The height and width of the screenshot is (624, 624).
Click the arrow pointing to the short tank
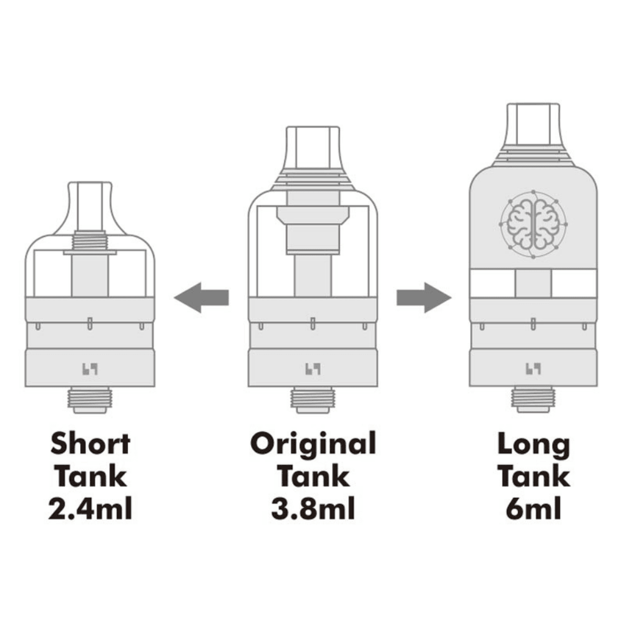[x=201, y=297]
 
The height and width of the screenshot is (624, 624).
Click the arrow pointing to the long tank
[x=424, y=297]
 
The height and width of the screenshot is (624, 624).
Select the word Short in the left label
[x=90, y=444]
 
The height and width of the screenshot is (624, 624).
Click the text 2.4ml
[x=90, y=509]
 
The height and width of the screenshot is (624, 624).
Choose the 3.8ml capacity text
[x=313, y=509]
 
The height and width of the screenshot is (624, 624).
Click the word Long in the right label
[x=534, y=444]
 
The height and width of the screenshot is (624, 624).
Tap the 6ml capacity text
[x=534, y=509]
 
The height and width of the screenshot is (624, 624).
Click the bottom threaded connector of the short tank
[x=90, y=399]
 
